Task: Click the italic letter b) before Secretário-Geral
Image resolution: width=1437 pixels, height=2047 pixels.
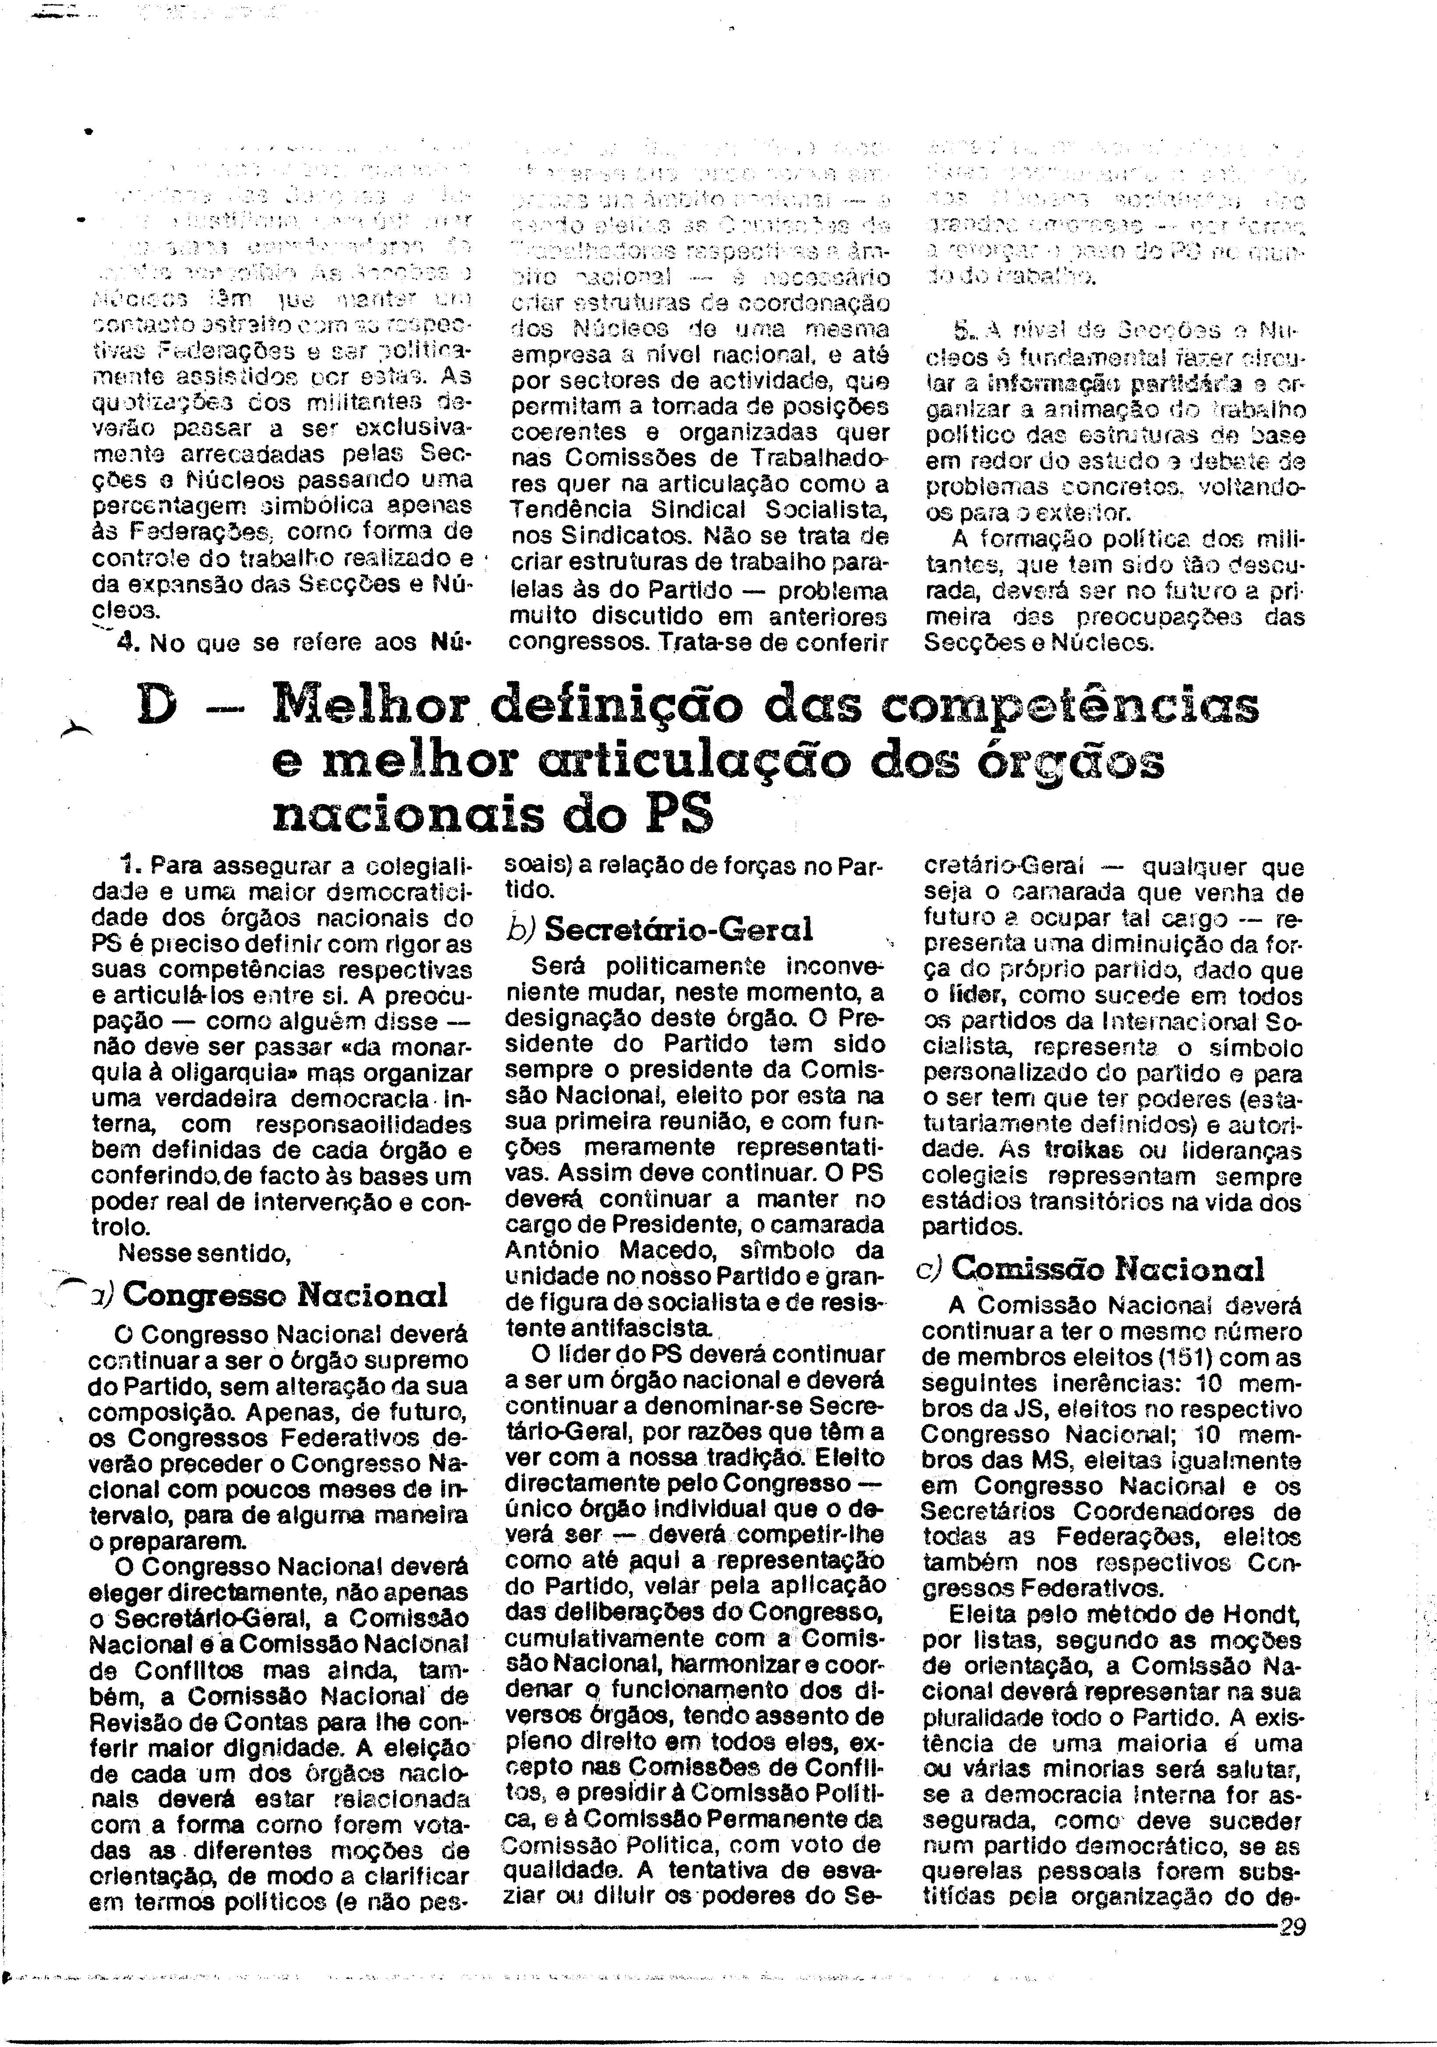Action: tap(519, 930)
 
